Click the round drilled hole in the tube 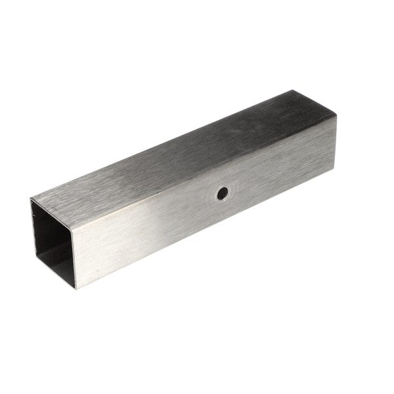pyautogui.click(x=223, y=194)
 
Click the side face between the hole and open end pyautogui.click(x=144, y=223)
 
